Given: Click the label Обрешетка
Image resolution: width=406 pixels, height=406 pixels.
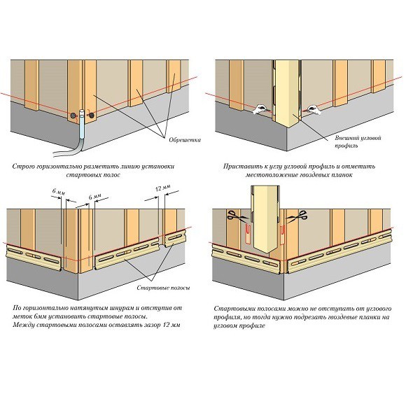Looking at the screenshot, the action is [x=185, y=140].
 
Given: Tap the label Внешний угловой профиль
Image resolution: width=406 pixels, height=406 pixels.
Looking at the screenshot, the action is [x=358, y=141].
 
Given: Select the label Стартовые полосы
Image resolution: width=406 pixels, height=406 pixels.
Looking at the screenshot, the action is [x=163, y=288].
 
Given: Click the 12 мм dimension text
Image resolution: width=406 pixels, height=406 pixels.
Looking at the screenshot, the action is [x=163, y=188].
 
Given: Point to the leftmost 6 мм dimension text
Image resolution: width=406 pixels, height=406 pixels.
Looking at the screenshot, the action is [x=59, y=192].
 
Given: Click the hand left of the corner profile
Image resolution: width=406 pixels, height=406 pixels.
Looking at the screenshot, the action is [x=260, y=109].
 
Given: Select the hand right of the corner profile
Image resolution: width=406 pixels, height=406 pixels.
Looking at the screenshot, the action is [x=314, y=109].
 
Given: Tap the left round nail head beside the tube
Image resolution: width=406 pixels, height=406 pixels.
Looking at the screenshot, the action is [x=74, y=115].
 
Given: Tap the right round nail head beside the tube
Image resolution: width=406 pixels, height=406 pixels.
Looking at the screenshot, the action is [x=91, y=115].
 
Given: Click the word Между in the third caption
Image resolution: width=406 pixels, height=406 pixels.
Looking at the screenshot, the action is [x=24, y=324].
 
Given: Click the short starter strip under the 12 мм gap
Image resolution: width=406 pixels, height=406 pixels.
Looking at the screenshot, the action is [x=174, y=239].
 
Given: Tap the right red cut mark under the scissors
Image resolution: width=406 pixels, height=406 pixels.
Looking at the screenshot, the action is [x=283, y=234].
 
